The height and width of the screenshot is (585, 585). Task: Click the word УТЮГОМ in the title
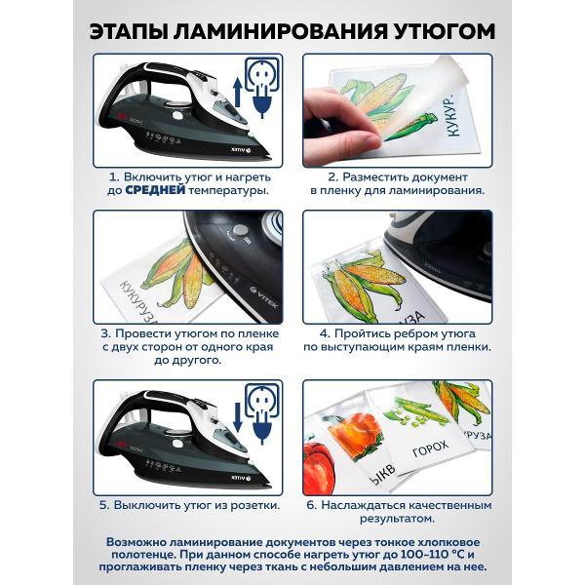(x=445, y=31)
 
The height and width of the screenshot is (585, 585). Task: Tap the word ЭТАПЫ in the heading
(x=128, y=31)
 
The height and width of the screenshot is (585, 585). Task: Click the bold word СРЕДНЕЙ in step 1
(x=155, y=190)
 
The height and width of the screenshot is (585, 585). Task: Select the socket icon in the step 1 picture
(x=262, y=74)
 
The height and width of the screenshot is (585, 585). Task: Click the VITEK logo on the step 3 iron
(x=263, y=296)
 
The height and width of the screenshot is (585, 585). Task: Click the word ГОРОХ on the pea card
(x=430, y=448)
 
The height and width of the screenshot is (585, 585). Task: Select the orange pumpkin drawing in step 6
(x=356, y=433)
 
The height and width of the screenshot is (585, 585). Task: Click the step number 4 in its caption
(x=324, y=333)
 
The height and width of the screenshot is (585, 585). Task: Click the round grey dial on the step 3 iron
(x=239, y=229)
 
